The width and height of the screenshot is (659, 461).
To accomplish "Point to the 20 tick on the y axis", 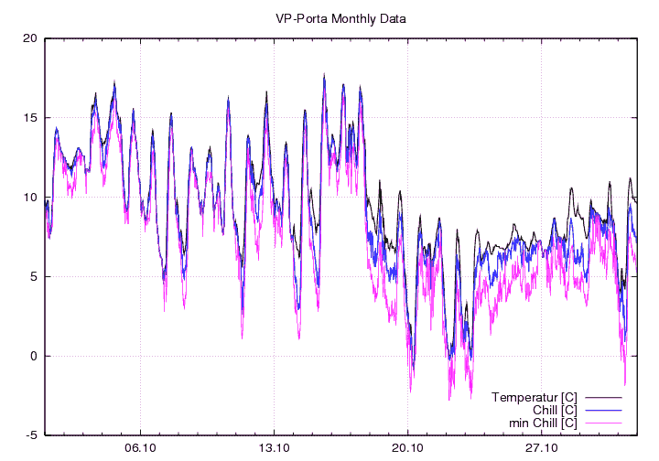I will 30,38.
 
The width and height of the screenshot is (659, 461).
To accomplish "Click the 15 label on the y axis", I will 30,118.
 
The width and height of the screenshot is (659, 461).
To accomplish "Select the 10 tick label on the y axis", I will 30,198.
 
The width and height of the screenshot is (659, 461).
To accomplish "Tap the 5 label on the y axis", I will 33,277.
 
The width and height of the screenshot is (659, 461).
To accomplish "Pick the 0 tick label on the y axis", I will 33,357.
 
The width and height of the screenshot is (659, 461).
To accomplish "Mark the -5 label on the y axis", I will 31,435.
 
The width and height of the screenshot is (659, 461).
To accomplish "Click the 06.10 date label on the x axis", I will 140,448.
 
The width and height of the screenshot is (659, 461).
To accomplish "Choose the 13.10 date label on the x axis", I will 274,448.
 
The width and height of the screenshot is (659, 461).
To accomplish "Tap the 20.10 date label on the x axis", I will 407,448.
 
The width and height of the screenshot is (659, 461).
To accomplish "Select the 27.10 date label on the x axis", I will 541,448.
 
